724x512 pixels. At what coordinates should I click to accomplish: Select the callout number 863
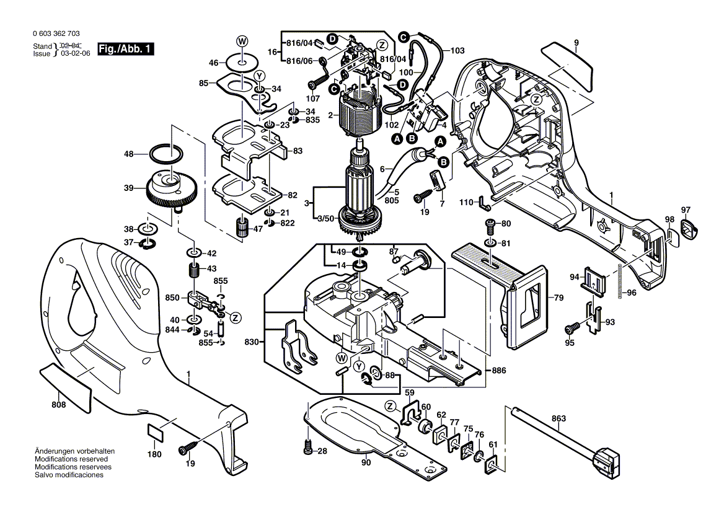click(x=558, y=418)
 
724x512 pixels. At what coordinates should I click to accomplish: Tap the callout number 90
click(x=366, y=462)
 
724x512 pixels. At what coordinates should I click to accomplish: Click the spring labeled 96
click(x=620, y=282)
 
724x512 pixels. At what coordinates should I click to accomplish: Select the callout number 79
click(x=558, y=298)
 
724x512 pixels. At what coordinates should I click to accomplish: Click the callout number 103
click(x=457, y=50)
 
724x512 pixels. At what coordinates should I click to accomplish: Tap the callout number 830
click(x=251, y=342)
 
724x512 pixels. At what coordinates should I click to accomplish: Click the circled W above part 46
click(x=242, y=41)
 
